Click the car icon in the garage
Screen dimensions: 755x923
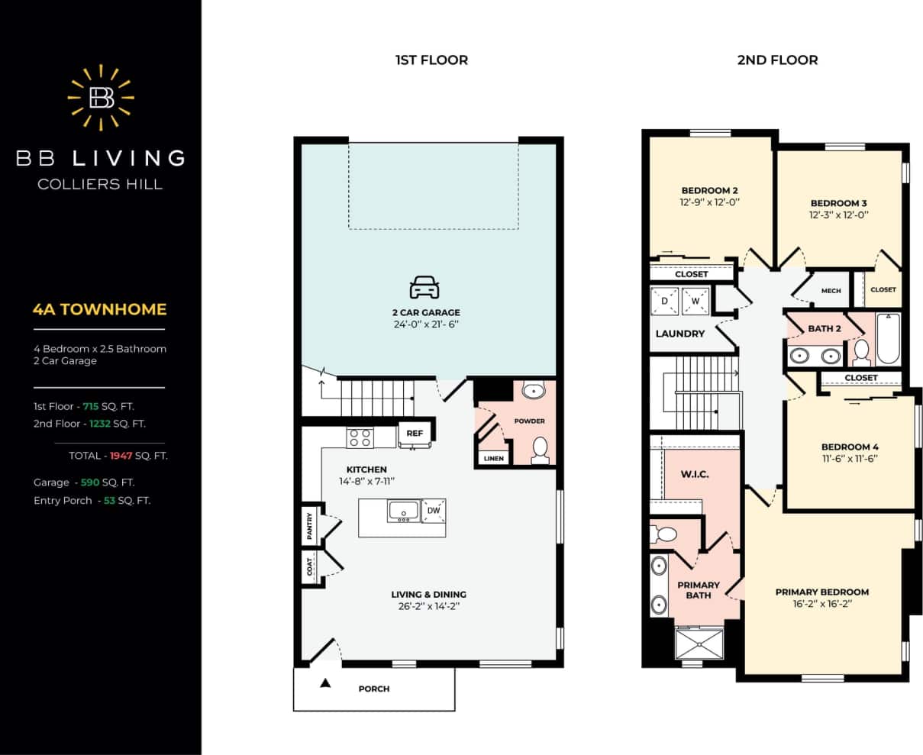coord(424,288)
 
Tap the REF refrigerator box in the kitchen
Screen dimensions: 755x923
coord(415,434)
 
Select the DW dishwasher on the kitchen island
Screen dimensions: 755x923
coord(433,511)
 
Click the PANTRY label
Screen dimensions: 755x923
coord(310,527)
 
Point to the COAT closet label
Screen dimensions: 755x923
coord(310,566)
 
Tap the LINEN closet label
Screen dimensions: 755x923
coord(493,458)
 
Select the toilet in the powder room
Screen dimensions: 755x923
coord(540,450)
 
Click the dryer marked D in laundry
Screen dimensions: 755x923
coord(664,301)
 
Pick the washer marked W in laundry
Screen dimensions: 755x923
coord(695,301)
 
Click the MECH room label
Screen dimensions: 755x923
coord(831,291)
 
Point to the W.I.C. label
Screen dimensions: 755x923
coord(695,474)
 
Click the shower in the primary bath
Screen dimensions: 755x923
coord(699,642)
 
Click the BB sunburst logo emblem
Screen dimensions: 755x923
coord(101,97)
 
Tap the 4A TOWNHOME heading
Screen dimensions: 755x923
coord(99,309)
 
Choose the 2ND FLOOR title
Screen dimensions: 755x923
coord(777,60)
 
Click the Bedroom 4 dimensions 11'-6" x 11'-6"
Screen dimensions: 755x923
coord(850,459)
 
